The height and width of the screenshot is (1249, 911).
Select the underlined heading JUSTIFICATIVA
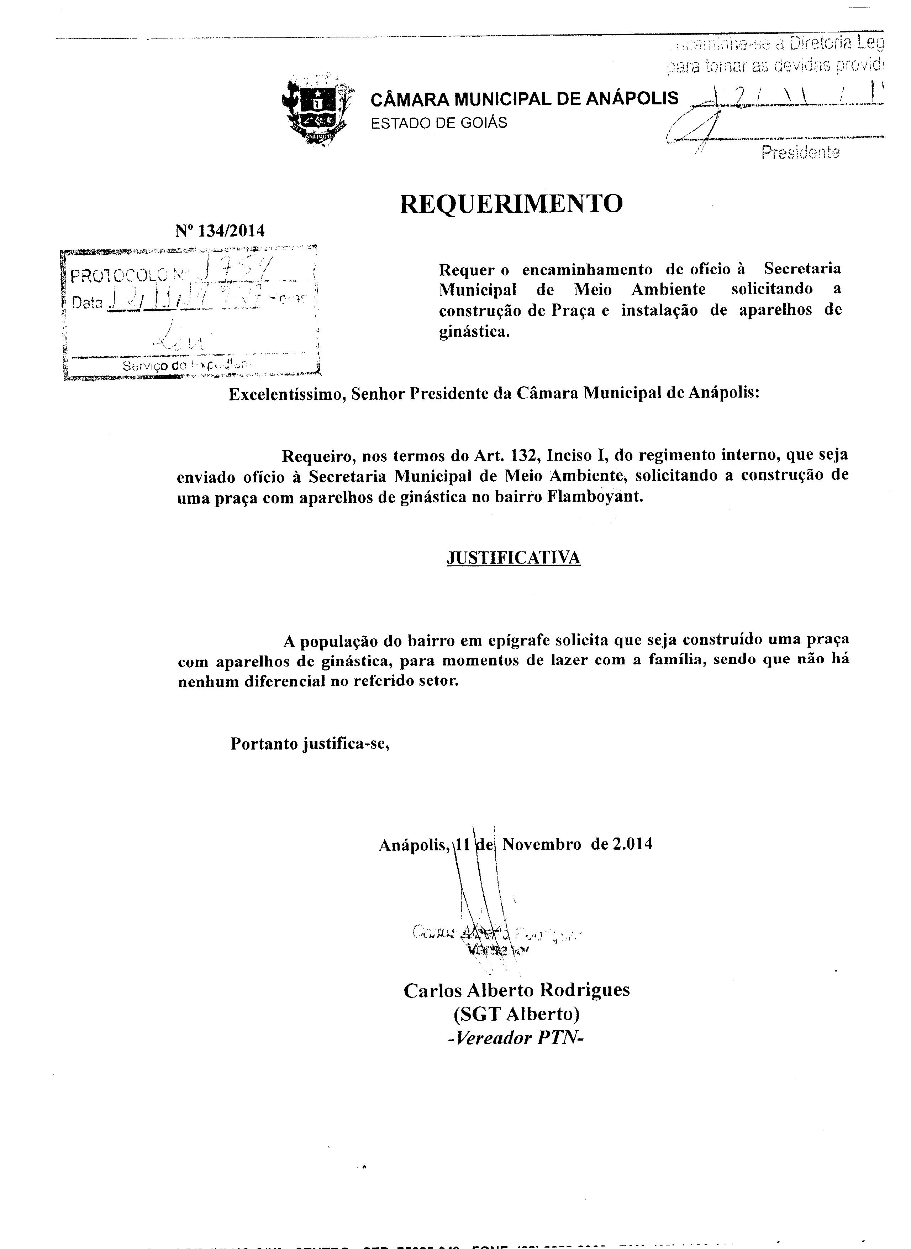point(513,558)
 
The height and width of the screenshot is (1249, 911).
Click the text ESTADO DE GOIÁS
point(438,123)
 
